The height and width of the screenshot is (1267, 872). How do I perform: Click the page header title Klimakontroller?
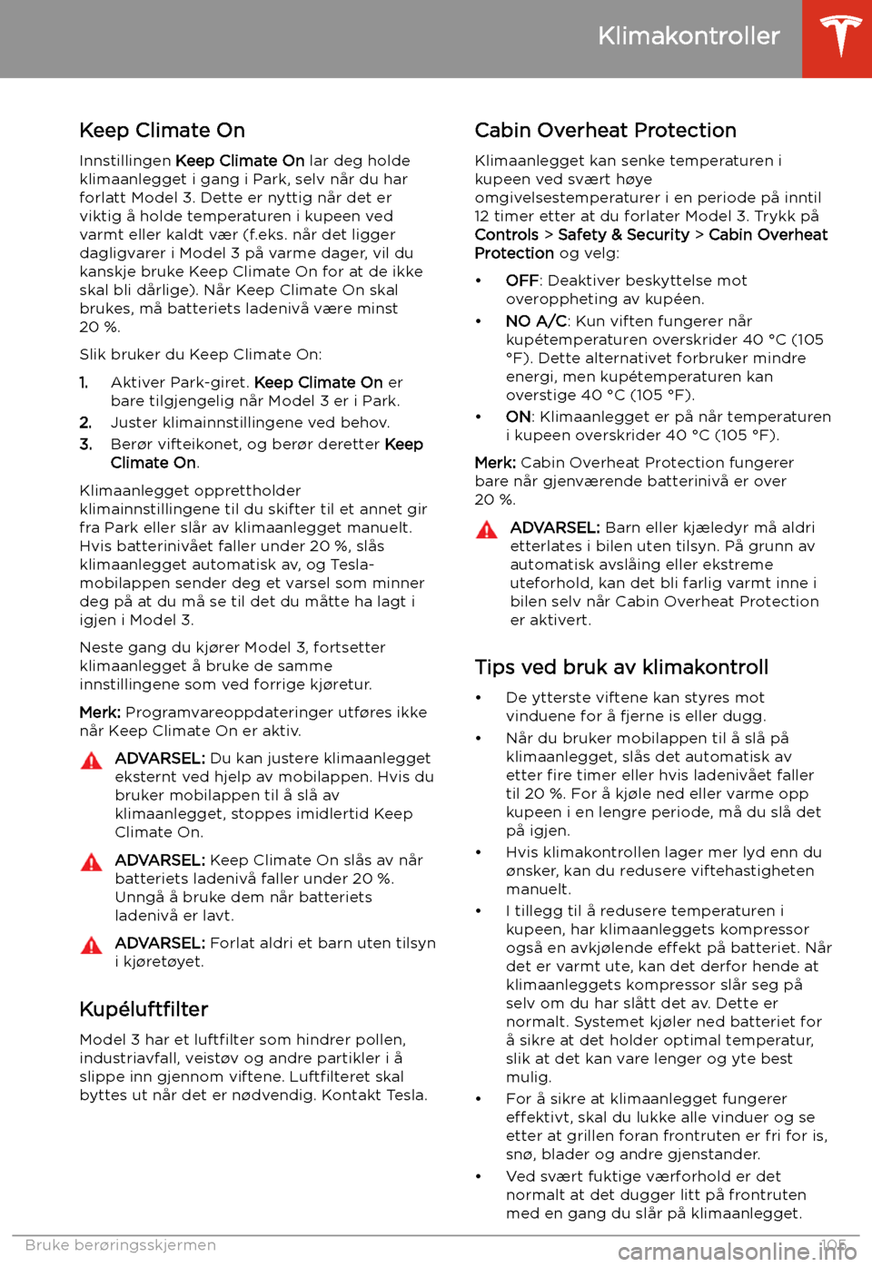689,36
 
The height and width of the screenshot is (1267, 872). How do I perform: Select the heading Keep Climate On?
162,131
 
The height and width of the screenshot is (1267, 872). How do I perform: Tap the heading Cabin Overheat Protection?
605,131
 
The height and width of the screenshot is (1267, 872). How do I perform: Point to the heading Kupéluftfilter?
144,1009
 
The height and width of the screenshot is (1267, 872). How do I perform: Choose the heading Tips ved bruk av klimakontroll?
621,667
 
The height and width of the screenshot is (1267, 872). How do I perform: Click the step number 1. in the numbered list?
84,382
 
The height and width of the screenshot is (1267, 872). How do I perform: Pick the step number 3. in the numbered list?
85,444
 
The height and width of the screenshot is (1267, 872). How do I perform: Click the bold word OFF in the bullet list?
522,280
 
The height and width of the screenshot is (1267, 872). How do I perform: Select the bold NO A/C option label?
536,320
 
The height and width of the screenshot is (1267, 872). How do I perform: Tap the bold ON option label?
518,417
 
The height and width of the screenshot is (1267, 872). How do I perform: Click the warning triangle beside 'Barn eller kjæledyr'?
487,529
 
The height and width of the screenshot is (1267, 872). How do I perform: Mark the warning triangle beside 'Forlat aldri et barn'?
92,945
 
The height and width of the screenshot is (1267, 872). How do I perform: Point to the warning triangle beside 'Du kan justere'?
92,760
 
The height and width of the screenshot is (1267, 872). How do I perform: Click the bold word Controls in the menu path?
507,234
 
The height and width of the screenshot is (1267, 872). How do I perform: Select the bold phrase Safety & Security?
623,234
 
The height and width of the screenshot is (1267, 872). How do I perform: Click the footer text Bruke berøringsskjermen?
121,1245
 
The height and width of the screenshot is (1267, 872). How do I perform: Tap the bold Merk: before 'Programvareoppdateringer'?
100,712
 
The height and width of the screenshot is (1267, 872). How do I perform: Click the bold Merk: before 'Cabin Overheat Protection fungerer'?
495,463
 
